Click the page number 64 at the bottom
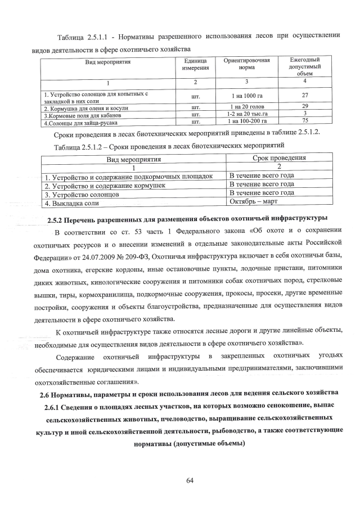[190, 480]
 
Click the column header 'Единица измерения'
[196, 65]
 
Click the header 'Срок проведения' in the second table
[279, 158]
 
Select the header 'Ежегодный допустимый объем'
[304, 66]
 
